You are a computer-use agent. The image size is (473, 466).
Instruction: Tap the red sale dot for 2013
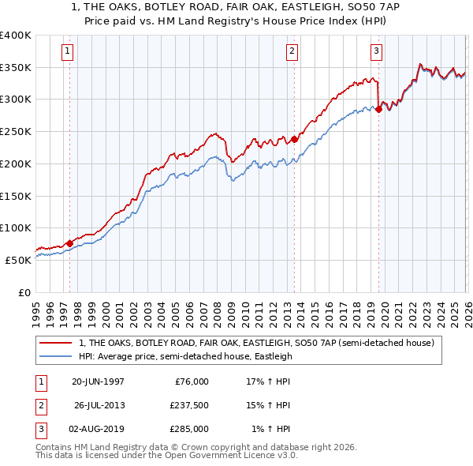(x=294, y=139)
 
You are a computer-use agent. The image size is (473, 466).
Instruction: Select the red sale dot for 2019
(x=378, y=109)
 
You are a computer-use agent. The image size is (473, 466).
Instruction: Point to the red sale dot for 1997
(x=69, y=243)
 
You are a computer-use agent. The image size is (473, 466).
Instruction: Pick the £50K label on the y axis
(x=19, y=260)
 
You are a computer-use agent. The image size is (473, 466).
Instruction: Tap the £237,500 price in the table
(x=189, y=405)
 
